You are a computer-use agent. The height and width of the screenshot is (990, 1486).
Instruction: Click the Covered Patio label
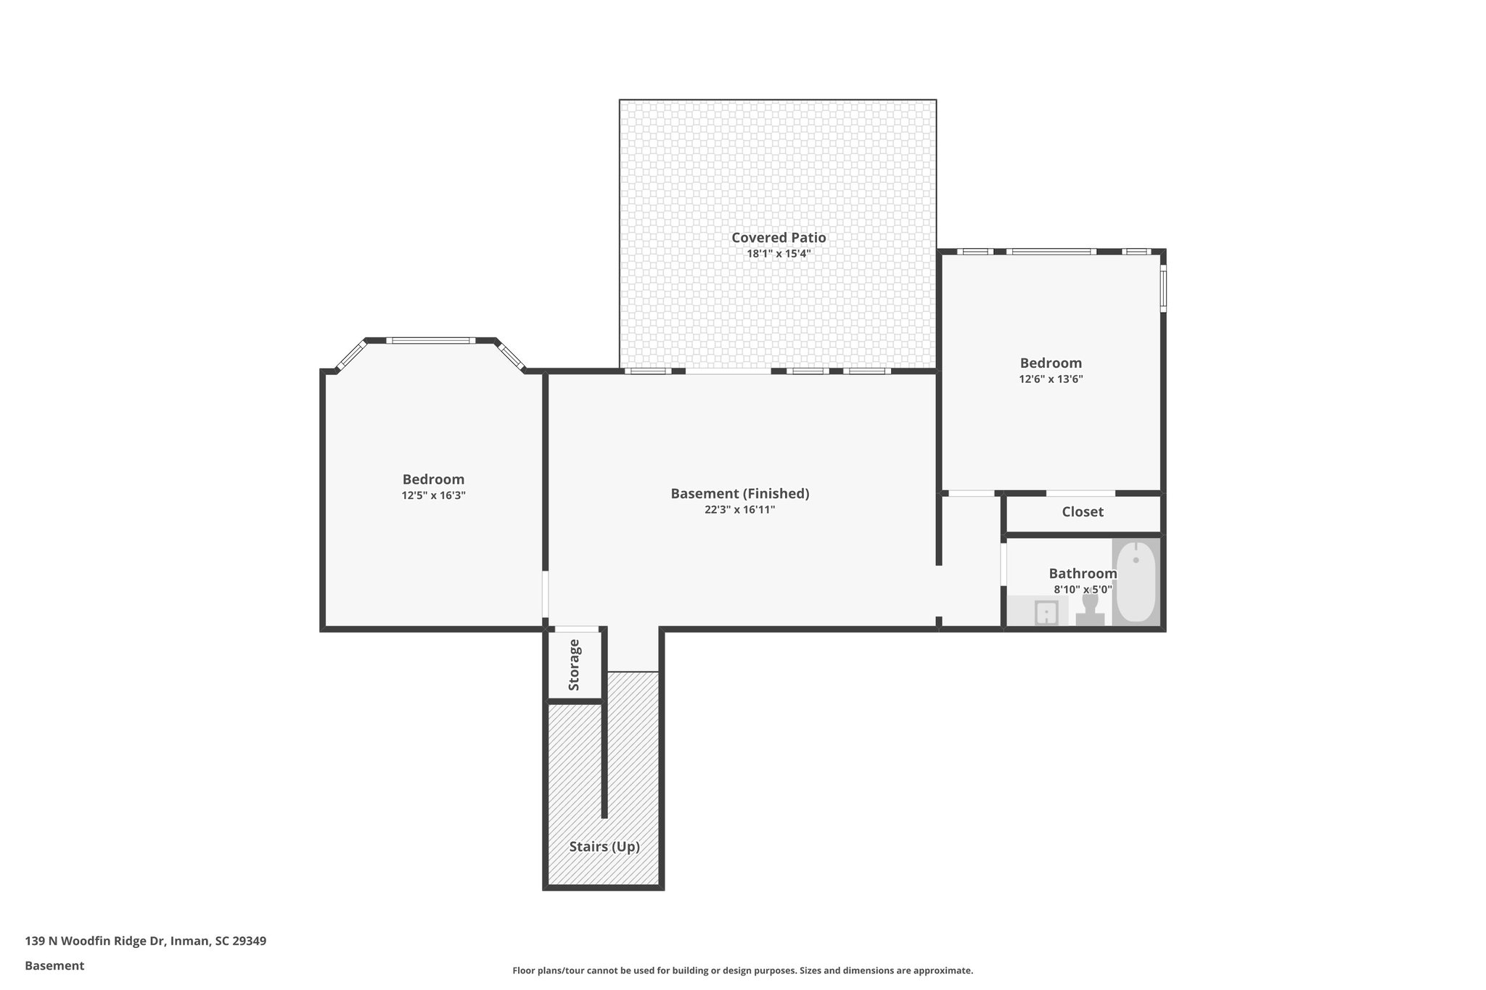(x=778, y=237)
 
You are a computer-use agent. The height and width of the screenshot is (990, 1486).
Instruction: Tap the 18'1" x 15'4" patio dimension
(x=778, y=254)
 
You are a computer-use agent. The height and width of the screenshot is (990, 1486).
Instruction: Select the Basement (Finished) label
(x=739, y=493)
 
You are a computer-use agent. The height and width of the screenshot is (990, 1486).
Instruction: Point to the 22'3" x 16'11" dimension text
(x=739, y=510)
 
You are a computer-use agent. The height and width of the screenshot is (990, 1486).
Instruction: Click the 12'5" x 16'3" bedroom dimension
(x=433, y=495)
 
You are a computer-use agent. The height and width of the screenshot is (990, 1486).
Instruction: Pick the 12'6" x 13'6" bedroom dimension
(x=1050, y=379)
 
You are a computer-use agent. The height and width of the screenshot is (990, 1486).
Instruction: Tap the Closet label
(x=1082, y=512)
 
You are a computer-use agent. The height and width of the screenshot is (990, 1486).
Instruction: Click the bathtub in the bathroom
(x=1136, y=582)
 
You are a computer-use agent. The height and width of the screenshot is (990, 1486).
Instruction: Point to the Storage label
(x=574, y=664)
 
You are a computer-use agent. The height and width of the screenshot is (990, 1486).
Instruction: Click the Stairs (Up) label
(x=604, y=846)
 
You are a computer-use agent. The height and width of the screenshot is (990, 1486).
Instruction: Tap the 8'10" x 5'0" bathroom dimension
(x=1082, y=590)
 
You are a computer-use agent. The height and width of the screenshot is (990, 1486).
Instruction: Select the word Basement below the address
(x=54, y=965)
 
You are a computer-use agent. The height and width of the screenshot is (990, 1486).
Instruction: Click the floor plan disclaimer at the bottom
(x=742, y=970)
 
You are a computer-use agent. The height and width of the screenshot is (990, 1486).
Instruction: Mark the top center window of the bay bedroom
(x=430, y=340)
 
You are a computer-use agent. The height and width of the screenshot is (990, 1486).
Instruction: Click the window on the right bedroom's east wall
(x=1162, y=289)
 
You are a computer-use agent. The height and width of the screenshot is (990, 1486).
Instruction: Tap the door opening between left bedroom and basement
(x=545, y=595)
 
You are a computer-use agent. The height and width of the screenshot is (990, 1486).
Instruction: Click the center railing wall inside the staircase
(x=604, y=762)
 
